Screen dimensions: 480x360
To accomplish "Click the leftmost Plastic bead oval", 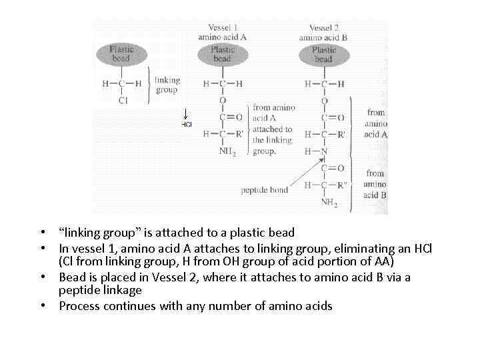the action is pyautogui.click(x=121, y=53).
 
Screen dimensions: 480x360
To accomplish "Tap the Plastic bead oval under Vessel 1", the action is pyautogui.click(x=222, y=53).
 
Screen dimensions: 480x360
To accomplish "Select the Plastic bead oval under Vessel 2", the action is pyautogui.click(x=323, y=53).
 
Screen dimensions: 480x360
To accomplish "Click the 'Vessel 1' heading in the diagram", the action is pyautogui.click(x=223, y=28).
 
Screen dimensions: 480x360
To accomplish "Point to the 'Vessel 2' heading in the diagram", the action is pyautogui.click(x=324, y=28).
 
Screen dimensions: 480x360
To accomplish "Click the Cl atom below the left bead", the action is pyautogui.click(x=123, y=101).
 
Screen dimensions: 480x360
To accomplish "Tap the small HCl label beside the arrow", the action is pyautogui.click(x=187, y=124).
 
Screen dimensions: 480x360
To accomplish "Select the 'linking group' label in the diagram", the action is pyautogui.click(x=167, y=85).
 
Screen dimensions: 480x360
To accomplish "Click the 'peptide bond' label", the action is pyautogui.click(x=265, y=190).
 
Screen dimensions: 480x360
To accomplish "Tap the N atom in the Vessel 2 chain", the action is pyautogui.click(x=323, y=151).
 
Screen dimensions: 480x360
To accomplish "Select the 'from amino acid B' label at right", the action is pyautogui.click(x=375, y=184).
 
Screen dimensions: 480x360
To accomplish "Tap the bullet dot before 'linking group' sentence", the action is pyautogui.click(x=42, y=233).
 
